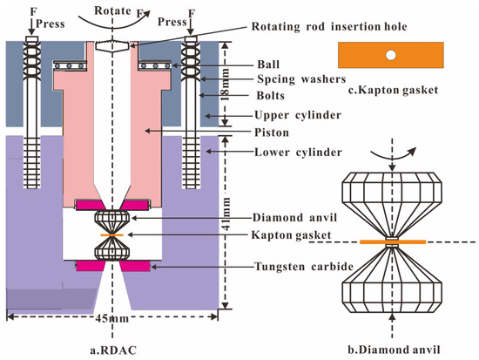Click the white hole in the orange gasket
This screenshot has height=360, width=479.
click(x=391, y=54)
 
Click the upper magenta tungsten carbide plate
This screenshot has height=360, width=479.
click(x=98, y=205)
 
